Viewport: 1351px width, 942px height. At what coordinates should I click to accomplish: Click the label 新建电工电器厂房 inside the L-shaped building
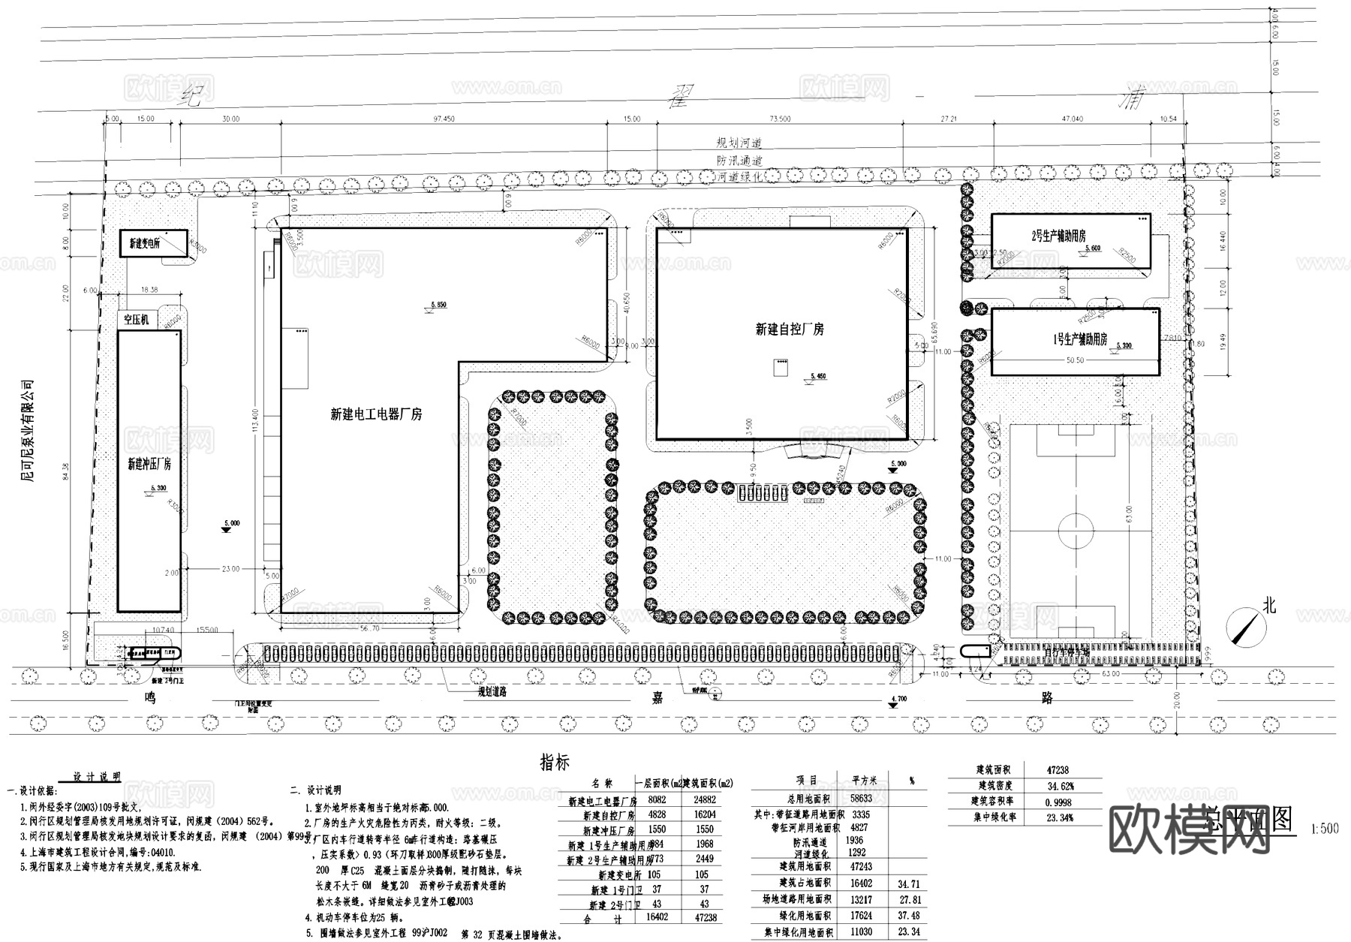tap(376, 414)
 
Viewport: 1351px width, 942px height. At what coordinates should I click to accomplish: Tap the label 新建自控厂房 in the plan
tap(789, 330)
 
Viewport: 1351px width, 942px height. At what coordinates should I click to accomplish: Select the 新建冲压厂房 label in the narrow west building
tap(149, 464)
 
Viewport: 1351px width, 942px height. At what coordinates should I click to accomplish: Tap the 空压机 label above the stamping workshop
tap(136, 320)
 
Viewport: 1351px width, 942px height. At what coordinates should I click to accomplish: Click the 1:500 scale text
tap(1324, 829)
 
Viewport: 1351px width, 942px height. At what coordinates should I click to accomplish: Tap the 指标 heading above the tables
tap(555, 763)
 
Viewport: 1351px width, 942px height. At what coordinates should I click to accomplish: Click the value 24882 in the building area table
tap(704, 800)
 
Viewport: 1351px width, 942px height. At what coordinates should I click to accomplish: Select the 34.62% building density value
tap(1060, 786)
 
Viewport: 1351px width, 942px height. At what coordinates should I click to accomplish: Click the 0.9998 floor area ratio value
tap(1060, 802)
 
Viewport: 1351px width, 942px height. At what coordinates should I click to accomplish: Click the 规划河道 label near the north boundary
tap(739, 143)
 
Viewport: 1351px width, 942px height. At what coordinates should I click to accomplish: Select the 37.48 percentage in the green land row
tap(909, 916)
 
